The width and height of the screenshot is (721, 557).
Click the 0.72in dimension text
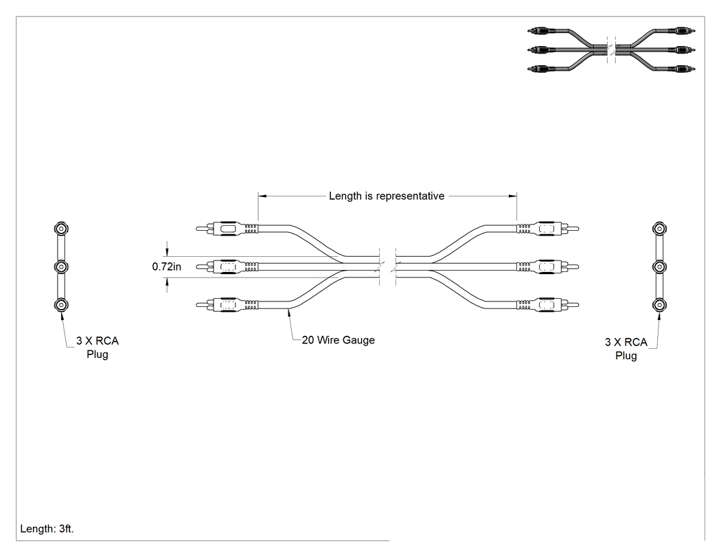tap(166, 266)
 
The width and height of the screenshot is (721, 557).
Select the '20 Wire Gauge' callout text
tap(339, 341)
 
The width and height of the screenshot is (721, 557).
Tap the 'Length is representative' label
tap(387, 196)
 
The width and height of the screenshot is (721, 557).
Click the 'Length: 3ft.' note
tap(47, 529)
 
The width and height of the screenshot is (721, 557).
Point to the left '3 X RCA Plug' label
tap(98, 348)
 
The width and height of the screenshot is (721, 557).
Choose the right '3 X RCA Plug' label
tap(626, 349)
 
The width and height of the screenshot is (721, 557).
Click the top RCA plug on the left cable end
tap(227, 229)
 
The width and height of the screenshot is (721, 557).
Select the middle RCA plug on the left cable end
tap(227, 266)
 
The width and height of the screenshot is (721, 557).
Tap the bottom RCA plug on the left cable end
tap(227, 305)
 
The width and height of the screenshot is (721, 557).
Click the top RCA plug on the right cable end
tap(548, 229)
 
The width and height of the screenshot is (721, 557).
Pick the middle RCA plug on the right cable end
tap(548, 266)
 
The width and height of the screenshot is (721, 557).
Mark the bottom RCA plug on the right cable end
tap(548, 305)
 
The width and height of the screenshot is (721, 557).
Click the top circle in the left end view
tap(61, 229)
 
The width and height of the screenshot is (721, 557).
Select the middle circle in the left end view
tap(61, 266)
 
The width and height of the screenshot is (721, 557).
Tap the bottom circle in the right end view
tap(659, 305)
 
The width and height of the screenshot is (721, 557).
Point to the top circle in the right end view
tap(659, 229)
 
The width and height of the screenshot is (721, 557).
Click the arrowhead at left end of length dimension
tap(262, 196)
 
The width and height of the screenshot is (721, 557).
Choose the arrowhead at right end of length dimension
tap(512, 196)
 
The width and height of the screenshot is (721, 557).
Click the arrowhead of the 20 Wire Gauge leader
tap(289, 312)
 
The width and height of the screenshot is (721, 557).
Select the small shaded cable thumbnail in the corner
tap(611, 49)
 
